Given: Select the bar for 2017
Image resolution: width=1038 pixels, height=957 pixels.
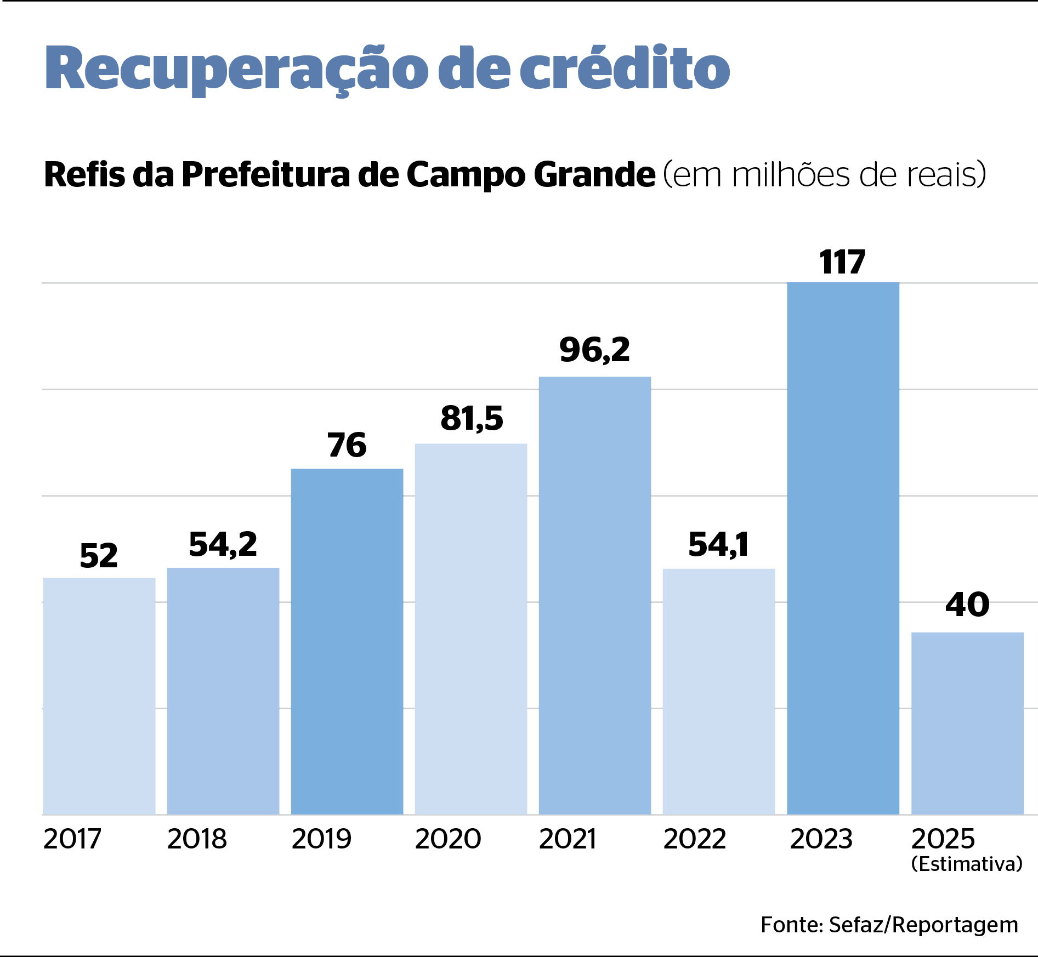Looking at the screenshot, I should click(x=99, y=696).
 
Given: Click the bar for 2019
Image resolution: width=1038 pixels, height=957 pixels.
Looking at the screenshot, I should click(x=347, y=641).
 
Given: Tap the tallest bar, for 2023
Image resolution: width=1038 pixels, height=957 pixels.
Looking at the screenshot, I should click(x=843, y=548).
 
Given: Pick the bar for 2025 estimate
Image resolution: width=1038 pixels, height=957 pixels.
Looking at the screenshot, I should click(x=967, y=724).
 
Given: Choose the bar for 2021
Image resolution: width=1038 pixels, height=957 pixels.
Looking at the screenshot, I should click(x=595, y=595).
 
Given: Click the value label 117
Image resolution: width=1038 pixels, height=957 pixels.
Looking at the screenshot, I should click(x=842, y=262).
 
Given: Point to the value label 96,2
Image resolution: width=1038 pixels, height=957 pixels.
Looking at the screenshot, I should click(x=595, y=350).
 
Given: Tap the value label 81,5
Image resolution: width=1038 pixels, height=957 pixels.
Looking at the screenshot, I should click(x=472, y=419).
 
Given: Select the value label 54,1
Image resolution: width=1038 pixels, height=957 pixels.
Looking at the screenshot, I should click(x=718, y=545).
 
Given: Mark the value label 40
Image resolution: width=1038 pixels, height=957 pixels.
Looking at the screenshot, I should click(x=967, y=605).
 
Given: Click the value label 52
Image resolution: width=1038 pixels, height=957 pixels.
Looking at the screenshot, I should click(x=99, y=556).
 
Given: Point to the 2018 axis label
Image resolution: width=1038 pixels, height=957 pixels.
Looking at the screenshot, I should click(x=197, y=839).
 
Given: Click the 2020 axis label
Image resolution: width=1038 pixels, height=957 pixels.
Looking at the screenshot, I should click(x=448, y=839).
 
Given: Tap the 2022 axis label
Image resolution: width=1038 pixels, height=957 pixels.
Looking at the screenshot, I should click(x=695, y=839).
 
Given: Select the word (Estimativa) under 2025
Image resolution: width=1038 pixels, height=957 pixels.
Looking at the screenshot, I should click(x=967, y=864).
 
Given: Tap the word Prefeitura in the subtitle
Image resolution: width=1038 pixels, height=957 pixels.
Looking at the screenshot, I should click(x=265, y=175).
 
